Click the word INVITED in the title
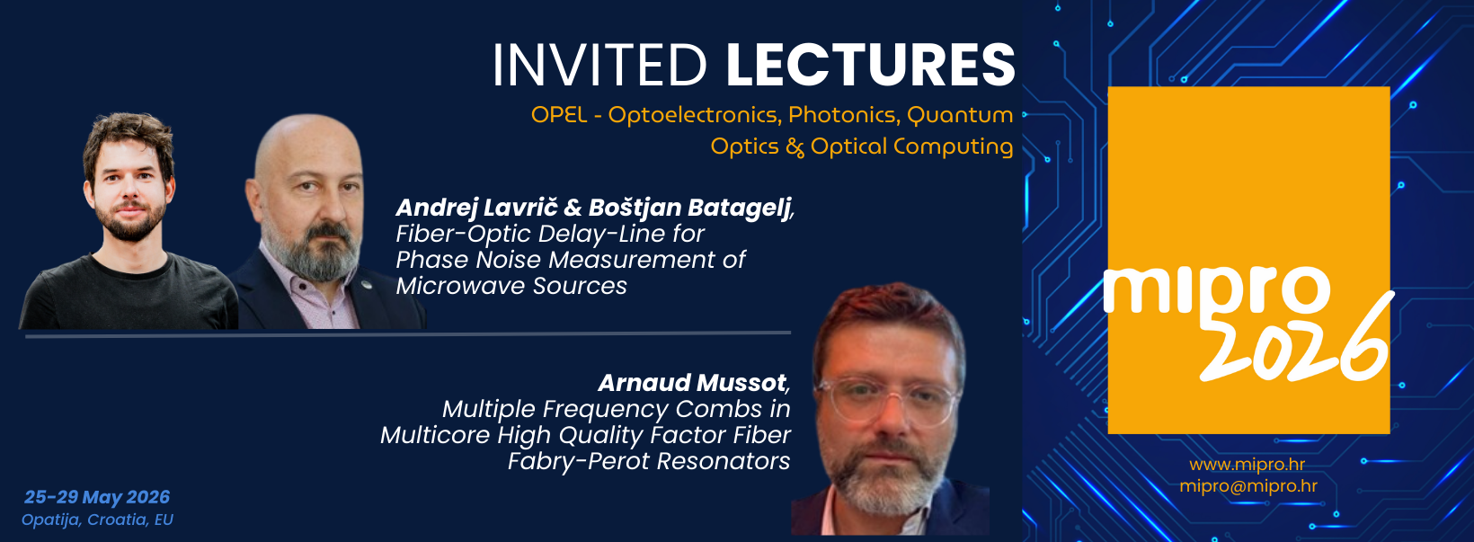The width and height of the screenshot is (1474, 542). pos(599,65)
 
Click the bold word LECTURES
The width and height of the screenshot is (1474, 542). pos(871,65)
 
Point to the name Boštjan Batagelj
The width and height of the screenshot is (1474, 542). pos(689,208)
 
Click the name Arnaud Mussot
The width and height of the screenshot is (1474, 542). pos(691,382)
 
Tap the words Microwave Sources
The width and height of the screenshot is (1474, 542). pos(511,286)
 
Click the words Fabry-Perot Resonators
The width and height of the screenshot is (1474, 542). pos(649,461)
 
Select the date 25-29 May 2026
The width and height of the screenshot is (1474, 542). pos(97,497)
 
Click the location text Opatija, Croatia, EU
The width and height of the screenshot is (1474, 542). pos(97,520)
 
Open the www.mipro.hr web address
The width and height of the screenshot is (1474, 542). pos(1247,465)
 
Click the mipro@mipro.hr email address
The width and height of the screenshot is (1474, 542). pos(1248,486)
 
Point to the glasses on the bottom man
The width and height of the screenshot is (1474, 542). pos(886,398)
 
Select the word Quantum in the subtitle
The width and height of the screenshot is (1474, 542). pos(960,114)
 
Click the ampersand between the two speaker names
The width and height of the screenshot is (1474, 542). pos(573,208)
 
